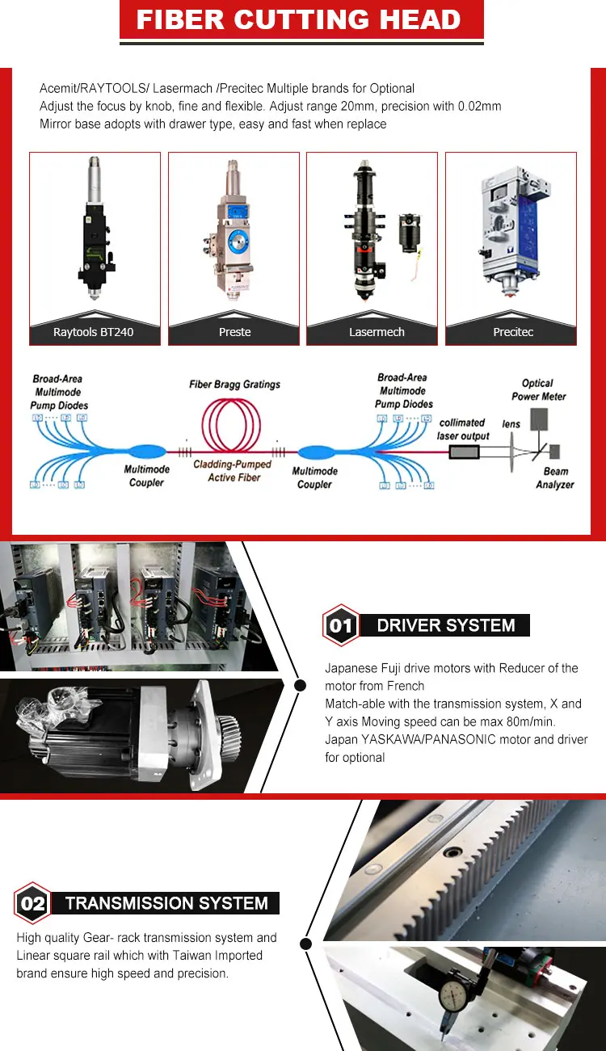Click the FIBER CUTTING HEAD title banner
tap(301, 19)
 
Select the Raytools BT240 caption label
tap(94, 332)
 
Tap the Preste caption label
tap(234, 332)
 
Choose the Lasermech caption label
tap(377, 332)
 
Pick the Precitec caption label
tap(513, 332)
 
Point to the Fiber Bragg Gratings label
tap(234, 385)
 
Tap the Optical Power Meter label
tap(538, 390)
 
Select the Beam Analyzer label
tap(555, 478)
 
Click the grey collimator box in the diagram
tap(465, 452)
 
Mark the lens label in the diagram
tap(511, 424)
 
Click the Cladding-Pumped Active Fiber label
tap(233, 471)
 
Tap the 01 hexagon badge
tap(341, 625)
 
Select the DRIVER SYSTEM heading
tap(446, 625)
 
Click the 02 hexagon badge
tap(32, 902)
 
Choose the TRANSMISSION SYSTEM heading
tap(166, 903)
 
